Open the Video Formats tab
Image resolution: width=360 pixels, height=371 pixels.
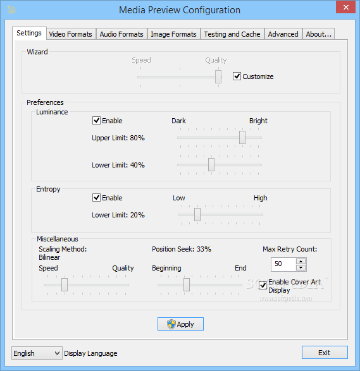71,34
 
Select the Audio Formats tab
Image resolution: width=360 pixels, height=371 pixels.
121,34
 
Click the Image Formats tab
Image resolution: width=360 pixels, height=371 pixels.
173,34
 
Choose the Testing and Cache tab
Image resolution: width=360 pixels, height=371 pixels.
232,34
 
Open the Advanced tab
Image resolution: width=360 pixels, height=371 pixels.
283,34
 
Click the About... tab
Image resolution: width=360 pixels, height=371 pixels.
318,34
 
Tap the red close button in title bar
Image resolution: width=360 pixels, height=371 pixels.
346,8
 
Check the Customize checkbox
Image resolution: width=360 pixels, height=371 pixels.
237,76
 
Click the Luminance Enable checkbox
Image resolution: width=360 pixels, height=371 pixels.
96,121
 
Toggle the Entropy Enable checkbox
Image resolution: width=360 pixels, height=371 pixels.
96,198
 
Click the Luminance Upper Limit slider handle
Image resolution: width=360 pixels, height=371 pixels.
242,138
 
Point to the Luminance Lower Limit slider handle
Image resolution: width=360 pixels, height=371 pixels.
211,165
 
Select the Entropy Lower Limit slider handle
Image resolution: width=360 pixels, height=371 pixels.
197,215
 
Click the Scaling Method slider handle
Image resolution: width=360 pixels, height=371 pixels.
65,284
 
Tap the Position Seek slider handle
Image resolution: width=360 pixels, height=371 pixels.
187,284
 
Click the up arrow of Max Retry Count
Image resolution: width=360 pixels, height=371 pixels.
301,262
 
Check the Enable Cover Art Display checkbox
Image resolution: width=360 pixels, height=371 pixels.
263,285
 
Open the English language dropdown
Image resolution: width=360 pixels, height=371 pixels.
37,353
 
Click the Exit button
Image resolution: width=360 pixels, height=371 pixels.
325,353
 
